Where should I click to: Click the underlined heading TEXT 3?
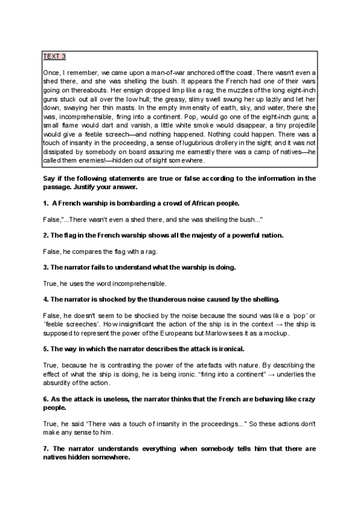click(54, 56)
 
